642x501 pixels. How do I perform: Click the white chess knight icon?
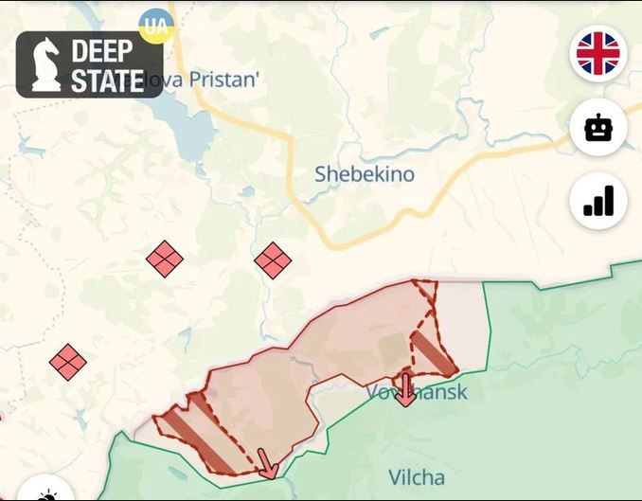(45, 64)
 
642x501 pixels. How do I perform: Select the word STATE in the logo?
(107, 81)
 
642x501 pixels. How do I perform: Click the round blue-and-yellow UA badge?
(155, 26)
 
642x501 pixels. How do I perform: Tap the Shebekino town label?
(365, 174)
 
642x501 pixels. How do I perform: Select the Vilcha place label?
(416, 476)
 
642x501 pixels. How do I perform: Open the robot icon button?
(598, 127)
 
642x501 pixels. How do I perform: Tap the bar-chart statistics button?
(598, 201)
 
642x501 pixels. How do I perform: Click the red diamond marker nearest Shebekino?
(273, 259)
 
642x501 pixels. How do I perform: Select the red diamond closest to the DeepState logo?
(165, 259)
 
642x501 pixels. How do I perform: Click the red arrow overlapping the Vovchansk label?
(405, 389)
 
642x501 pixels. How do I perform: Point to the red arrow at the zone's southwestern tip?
(268, 465)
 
